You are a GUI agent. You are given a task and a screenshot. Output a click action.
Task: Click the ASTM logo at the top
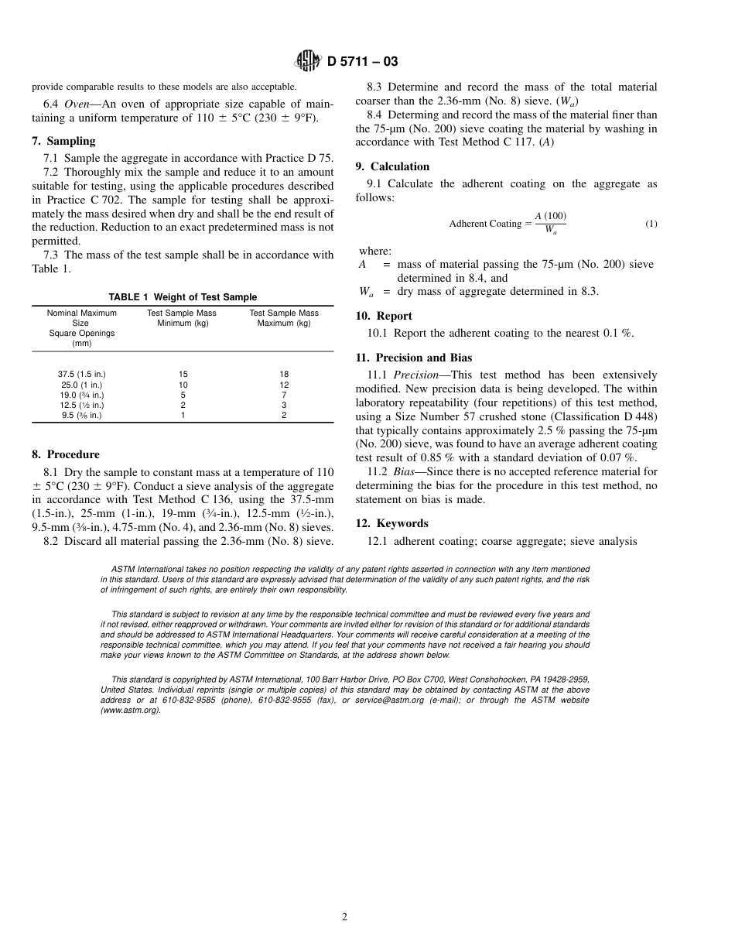[x=308, y=62]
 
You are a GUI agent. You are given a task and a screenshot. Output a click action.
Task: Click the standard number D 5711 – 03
[x=362, y=62]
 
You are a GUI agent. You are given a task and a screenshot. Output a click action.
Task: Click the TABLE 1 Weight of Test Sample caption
[x=183, y=297]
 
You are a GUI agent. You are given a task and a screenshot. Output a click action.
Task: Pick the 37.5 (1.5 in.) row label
[x=81, y=374]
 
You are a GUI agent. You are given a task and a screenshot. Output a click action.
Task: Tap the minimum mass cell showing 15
[x=183, y=374]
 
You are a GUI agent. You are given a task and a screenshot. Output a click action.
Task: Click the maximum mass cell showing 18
[x=284, y=374]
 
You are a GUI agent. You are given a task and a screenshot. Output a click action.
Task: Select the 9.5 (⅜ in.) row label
[x=81, y=415]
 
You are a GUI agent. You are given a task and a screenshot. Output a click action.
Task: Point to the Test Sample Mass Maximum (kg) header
[x=284, y=318]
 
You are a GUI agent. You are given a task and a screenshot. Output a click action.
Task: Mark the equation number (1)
[x=651, y=224]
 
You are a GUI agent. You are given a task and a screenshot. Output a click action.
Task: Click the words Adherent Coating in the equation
[x=485, y=224]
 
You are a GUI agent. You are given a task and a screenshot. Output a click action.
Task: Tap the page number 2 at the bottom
[x=345, y=917]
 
